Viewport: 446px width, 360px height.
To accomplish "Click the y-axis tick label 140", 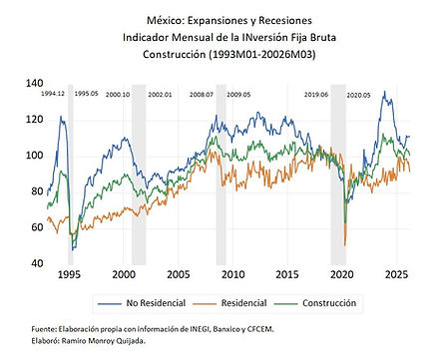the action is [x=34, y=83].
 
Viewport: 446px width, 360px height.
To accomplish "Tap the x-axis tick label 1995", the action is [x=69, y=274].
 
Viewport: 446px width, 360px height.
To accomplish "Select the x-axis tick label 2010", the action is [x=232, y=274].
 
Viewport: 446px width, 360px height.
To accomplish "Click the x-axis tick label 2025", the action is [x=396, y=274].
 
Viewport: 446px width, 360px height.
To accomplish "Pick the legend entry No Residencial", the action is [x=142, y=303].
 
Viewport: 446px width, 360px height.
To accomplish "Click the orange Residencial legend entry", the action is [x=229, y=303].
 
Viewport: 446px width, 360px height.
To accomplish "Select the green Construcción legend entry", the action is [x=315, y=303].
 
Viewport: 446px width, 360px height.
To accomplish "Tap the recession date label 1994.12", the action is [x=53, y=94].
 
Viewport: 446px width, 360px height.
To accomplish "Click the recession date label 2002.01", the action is [x=160, y=95].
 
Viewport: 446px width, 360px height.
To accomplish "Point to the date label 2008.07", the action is [x=202, y=95].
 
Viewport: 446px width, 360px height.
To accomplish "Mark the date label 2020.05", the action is [x=358, y=96].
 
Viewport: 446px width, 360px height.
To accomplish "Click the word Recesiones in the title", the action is [x=285, y=21].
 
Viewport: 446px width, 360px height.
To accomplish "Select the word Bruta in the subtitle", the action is [x=323, y=37].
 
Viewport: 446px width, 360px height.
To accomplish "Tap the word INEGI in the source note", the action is [x=200, y=329].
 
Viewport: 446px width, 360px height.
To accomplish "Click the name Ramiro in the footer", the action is [x=74, y=341].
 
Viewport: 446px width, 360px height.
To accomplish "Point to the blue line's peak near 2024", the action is [x=385, y=91].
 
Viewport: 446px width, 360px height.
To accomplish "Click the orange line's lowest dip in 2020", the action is [x=345, y=245].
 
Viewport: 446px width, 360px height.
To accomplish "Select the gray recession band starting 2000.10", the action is [x=139, y=175].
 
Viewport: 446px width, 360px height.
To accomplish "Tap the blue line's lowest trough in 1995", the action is [x=73, y=249].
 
